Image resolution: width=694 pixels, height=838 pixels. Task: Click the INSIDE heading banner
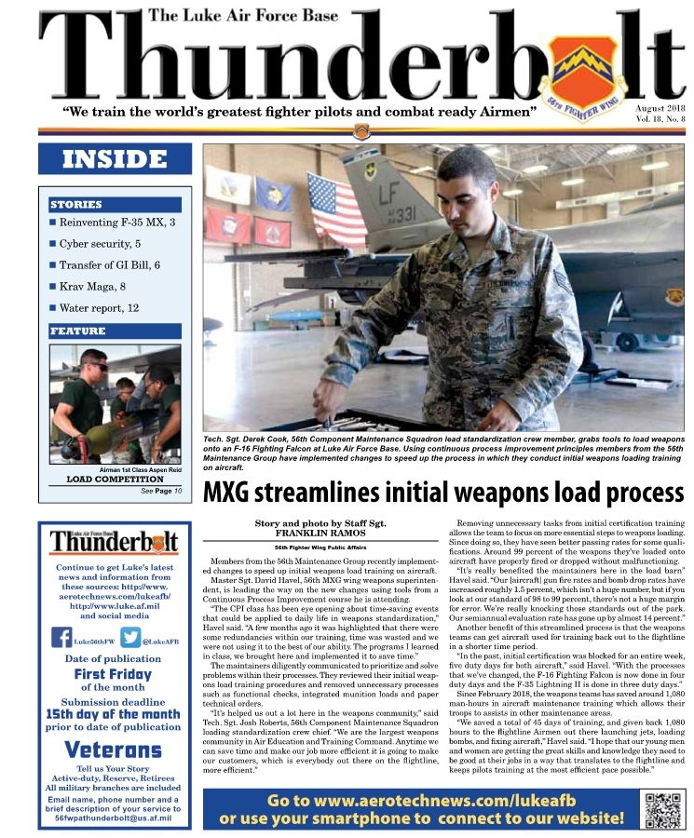point(115,159)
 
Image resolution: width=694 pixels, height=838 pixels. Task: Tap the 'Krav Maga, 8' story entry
point(92,286)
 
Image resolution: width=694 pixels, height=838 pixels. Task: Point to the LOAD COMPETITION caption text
point(115,480)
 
